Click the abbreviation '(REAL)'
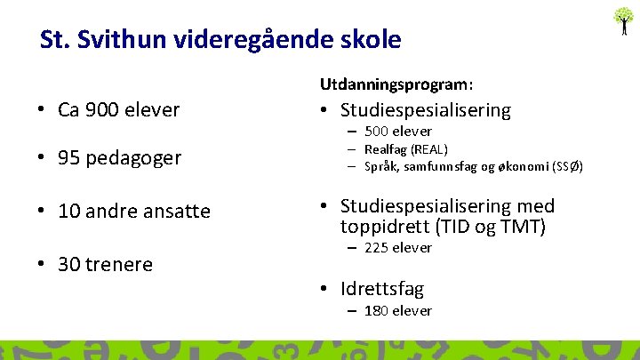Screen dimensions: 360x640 (x=430, y=149)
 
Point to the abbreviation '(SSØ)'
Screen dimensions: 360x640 (x=567, y=166)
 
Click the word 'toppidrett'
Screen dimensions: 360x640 (x=383, y=227)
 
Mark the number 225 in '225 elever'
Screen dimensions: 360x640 (x=378, y=248)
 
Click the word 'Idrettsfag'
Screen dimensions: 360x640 (x=382, y=289)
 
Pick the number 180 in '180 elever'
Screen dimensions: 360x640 (x=378, y=311)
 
